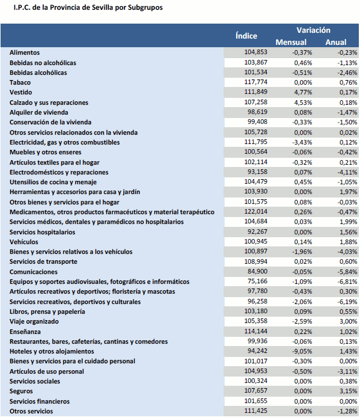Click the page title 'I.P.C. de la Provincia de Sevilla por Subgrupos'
(x=84, y=8)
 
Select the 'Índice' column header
(x=247, y=36)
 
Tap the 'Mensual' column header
(x=291, y=42)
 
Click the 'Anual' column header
(x=336, y=42)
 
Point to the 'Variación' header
(x=313, y=30)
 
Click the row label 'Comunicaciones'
(x=33, y=272)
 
